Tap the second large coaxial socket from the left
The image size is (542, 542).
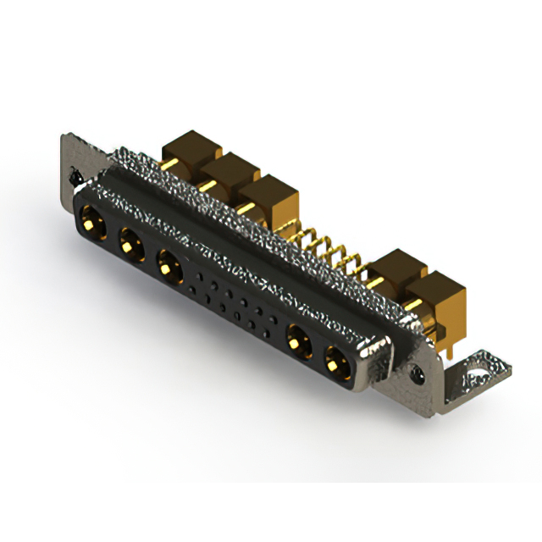[x=130, y=246]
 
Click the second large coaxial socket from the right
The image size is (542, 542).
[x=298, y=343]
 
